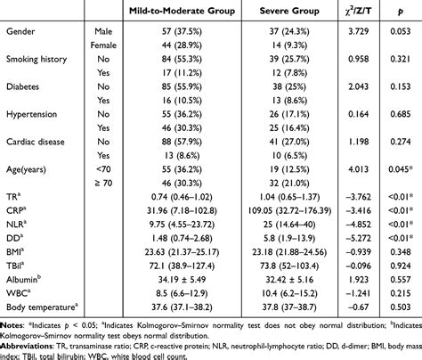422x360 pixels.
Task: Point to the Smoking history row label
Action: (x=40, y=60)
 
